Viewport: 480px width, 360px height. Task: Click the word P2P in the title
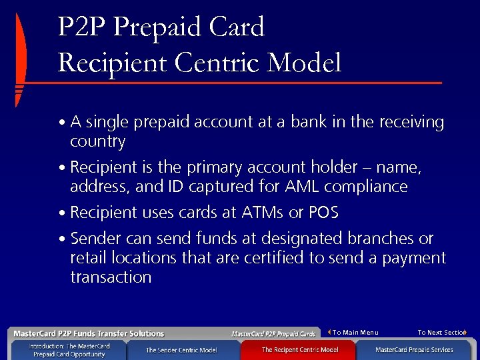click(x=82, y=28)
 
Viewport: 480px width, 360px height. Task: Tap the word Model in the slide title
click(x=303, y=63)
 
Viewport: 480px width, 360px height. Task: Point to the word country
click(x=98, y=142)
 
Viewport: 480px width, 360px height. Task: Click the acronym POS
click(x=323, y=213)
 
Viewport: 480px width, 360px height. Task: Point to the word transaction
click(x=111, y=277)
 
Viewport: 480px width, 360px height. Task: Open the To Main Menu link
click(x=355, y=332)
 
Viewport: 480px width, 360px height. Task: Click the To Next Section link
click(x=441, y=332)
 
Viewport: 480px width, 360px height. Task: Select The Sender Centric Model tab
click(x=181, y=350)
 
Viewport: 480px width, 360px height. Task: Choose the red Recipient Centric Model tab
click(x=299, y=350)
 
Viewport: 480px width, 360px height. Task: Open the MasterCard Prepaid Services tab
click(x=414, y=350)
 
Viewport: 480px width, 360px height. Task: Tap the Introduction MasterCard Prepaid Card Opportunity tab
click(x=69, y=350)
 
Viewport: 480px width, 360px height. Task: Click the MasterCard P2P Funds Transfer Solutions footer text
click(x=89, y=333)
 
